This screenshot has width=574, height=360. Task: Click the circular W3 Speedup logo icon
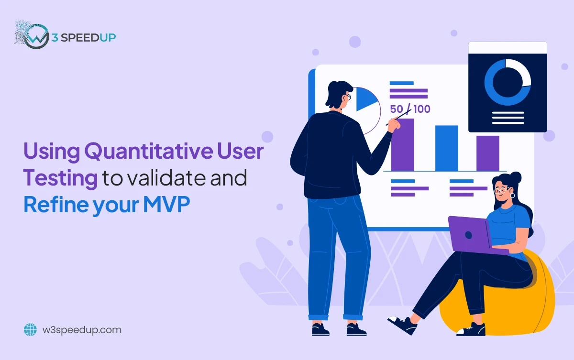pyautogui.click(x=35, y=36)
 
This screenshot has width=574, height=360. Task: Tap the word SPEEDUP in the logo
pyautogui.click(x=88, y=38)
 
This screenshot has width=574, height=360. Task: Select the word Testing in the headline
pyautogui.click(x=60, y=179)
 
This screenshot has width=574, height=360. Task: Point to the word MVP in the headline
pyautogui.click(x=166, y=204)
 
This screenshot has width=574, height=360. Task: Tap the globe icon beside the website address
pyautogui.click(x=30, y=329)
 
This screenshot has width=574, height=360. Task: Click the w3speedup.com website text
pyautogui.click(x=82, y=330)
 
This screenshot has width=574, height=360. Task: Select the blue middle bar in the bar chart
pyautogui.click(x=447, y=148)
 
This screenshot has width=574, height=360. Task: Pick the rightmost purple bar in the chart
pyautogui.click(x=488, y=153)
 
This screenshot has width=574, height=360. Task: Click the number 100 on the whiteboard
pyautogui.click(x=422, y=109)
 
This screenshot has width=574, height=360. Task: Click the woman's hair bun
pyautogui.click(x=516, y=177)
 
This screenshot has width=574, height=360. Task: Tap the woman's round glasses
pyautogui.click(x=501, y=190)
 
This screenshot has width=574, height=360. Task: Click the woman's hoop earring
pyautogui.click(x=512, y=196)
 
